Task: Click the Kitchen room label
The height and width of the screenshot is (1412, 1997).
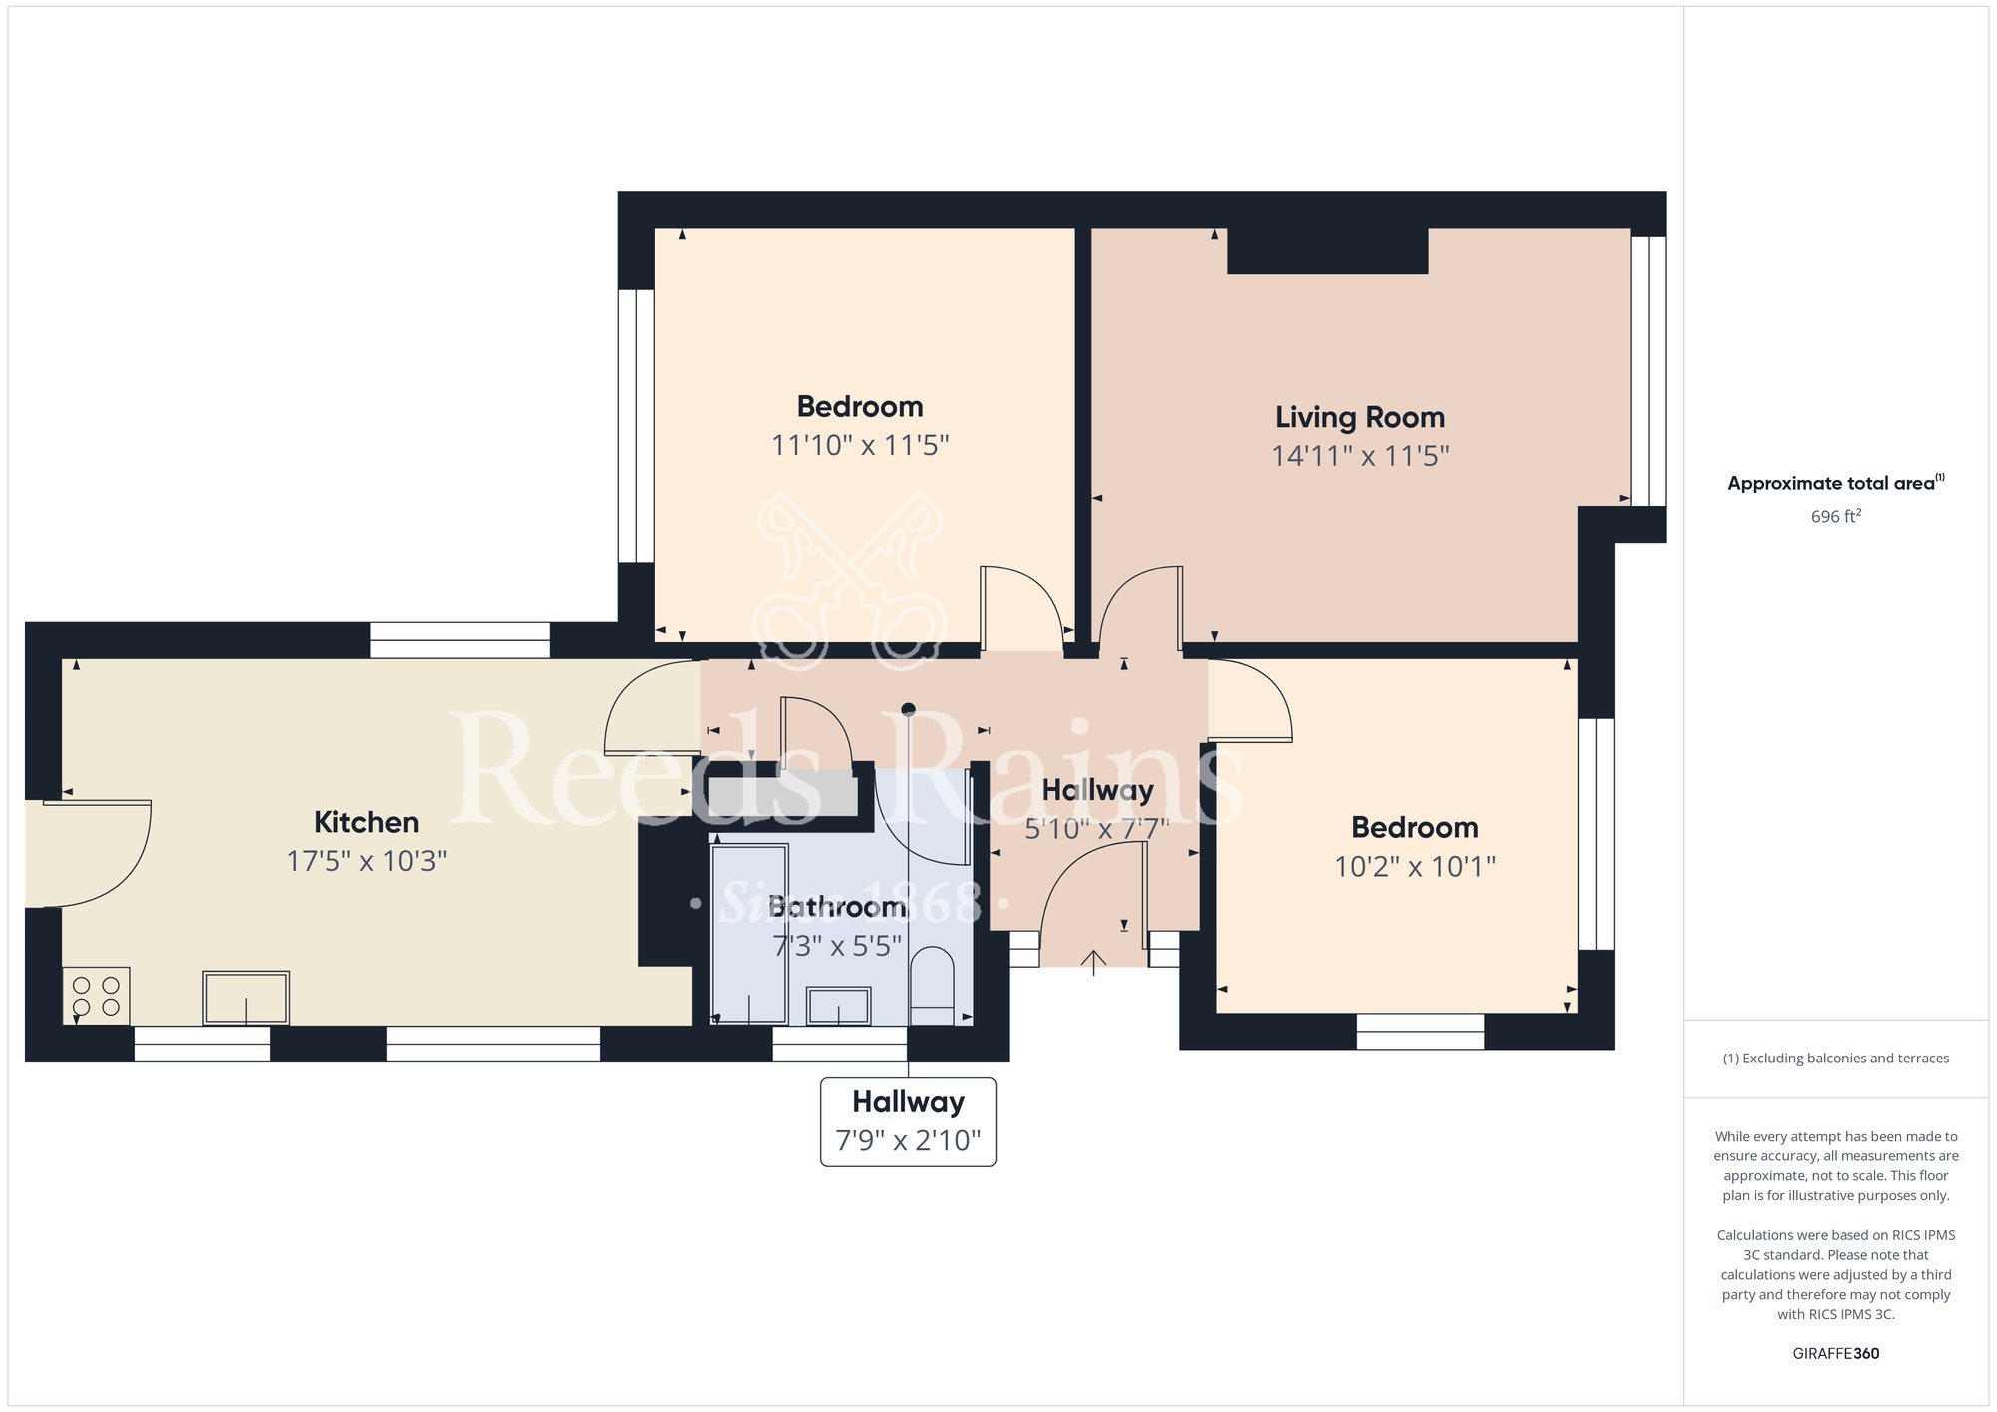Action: coord(366,822)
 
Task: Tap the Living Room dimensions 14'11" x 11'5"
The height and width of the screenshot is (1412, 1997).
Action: coord(1360,456)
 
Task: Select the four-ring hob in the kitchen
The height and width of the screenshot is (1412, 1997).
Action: coord(96,996)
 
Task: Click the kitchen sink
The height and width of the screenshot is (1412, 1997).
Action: coord(246,997)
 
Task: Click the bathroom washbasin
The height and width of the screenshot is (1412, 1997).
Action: coord(838,1005)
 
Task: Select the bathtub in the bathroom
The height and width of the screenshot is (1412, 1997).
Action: coord(749,933)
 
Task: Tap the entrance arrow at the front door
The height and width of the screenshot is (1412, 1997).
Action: coord(1093,961)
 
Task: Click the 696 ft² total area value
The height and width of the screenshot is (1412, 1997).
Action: coord(1835,516)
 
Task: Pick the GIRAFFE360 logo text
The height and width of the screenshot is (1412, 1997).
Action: coord(1835,1353)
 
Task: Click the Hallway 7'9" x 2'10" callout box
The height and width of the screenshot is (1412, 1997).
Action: coord(908,1121)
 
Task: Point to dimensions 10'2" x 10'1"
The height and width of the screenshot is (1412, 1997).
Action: coord(1415,866)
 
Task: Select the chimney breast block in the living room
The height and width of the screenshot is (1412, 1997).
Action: coord(1327,250)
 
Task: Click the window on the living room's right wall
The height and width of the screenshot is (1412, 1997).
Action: coord(1649,370)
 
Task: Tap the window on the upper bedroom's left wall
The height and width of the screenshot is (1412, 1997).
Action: coord(636,425)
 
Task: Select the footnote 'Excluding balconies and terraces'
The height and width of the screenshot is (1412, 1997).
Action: coord(1835,1059)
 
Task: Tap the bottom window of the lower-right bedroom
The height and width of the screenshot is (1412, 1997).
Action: coord(1420,1031)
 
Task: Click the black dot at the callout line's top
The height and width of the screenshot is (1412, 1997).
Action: coord(908,710)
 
